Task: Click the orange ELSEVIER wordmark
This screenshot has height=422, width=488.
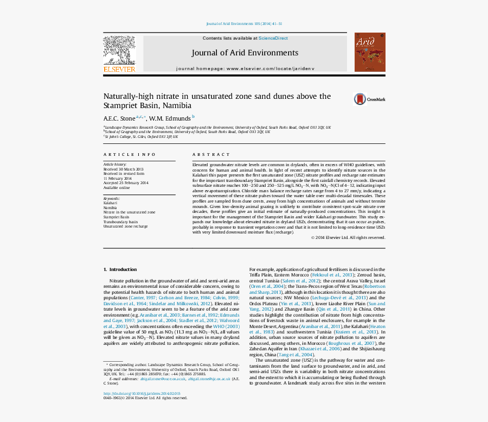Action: click(x=119, y=70)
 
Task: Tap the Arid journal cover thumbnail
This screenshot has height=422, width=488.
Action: click(x=370, y=52)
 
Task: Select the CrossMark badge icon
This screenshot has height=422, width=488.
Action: click(x=360, y=99)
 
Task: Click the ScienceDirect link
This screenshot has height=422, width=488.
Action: click(x=273, y=39)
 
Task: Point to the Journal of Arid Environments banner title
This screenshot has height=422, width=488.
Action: click(x=245, y=53)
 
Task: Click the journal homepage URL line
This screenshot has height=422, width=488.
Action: click(x=245, y=69)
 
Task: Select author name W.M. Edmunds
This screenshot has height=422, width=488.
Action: click(x=170, y=118)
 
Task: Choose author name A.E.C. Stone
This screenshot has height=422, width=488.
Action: click(x=119, y=118)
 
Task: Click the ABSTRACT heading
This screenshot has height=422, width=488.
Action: click(x=211, y=155)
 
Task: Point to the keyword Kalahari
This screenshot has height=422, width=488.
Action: click(x=110, y=203)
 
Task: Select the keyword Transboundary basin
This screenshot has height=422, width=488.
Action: click(x=120, y=222)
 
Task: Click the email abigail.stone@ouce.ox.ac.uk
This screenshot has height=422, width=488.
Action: click(x=163, y=379)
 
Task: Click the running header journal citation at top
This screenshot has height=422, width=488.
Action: click(x=245, y=24)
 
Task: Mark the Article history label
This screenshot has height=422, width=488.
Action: click(x=115, y=164)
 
